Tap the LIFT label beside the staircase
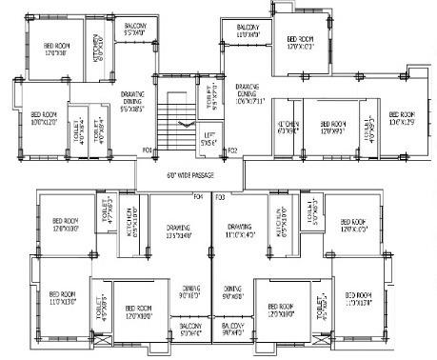[x=209, y=139]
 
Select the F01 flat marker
[x=148, y=150]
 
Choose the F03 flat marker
[x=221, y=197]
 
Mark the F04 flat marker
[x=198, y=197]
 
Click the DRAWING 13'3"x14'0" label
[x=178, y=230]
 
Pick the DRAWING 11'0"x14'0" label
[x=240, y=230]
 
